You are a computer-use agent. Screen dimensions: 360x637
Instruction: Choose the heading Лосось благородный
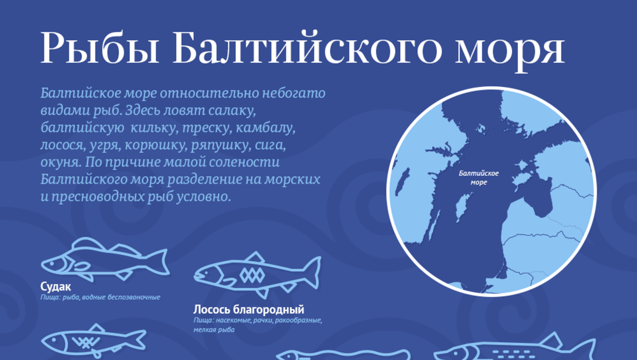(248, 310)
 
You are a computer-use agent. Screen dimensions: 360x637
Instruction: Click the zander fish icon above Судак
(104, 260)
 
